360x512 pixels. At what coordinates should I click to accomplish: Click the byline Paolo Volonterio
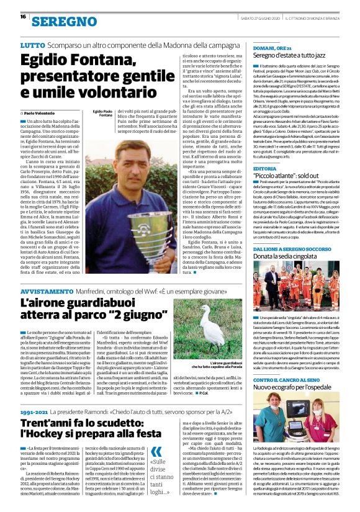(x=47, y=113)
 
